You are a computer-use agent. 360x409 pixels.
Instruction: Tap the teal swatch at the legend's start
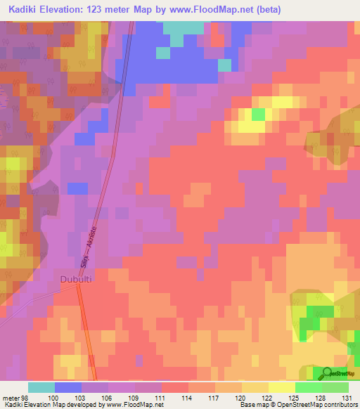click(x=41, y=387)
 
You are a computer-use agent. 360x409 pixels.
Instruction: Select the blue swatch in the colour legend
click(x=68, y=387)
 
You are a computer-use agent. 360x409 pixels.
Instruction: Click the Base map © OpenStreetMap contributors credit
click(x=297, y=405)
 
